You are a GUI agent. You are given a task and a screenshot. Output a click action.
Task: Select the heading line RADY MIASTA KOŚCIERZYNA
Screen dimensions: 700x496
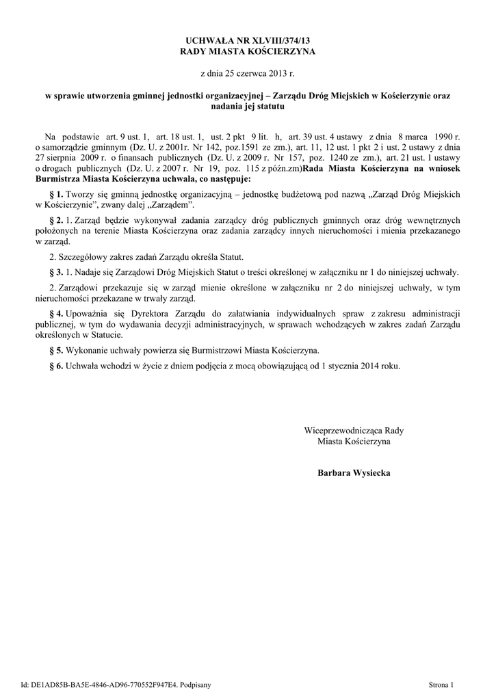click(248, 52)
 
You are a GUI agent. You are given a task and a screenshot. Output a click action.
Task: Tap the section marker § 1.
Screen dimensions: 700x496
click(57, 195)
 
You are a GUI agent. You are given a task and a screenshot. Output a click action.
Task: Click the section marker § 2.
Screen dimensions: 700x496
click(57, 220)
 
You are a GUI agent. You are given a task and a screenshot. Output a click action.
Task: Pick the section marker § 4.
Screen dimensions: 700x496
click(57, 313)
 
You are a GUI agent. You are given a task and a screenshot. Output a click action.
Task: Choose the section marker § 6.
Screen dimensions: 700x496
click(57, 366)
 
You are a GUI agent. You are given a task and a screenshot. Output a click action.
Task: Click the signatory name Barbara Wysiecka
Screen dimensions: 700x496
click(354, 473)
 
